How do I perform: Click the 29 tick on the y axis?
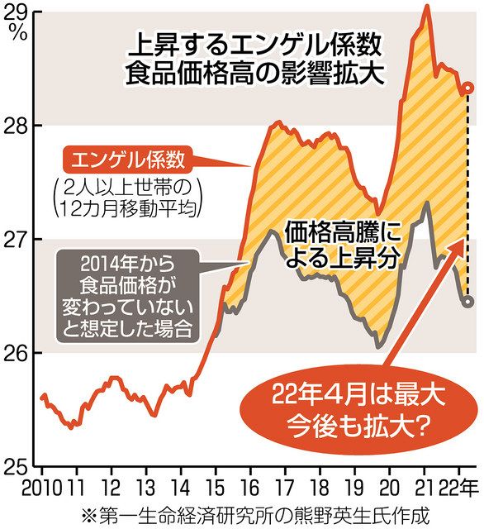(x=17, y=11)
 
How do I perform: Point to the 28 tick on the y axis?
(x=17, y=125)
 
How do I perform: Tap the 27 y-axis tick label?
(x=17, y=239)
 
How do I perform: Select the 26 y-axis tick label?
(x=17, y=353)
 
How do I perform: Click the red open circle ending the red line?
(x=467, y=88)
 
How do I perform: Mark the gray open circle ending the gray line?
(x=467, y=302)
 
